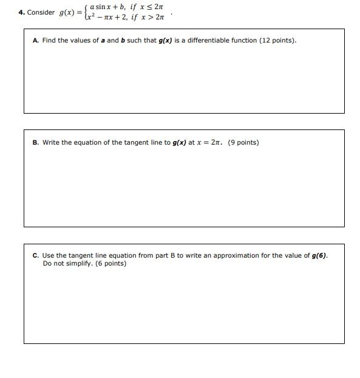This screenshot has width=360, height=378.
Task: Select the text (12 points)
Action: (x=277, y=41)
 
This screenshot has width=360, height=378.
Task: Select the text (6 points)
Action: (x=107, y=264)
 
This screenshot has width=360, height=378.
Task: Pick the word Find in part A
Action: (x=49, y=41)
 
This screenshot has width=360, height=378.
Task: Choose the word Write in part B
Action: (x=50, y=143)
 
